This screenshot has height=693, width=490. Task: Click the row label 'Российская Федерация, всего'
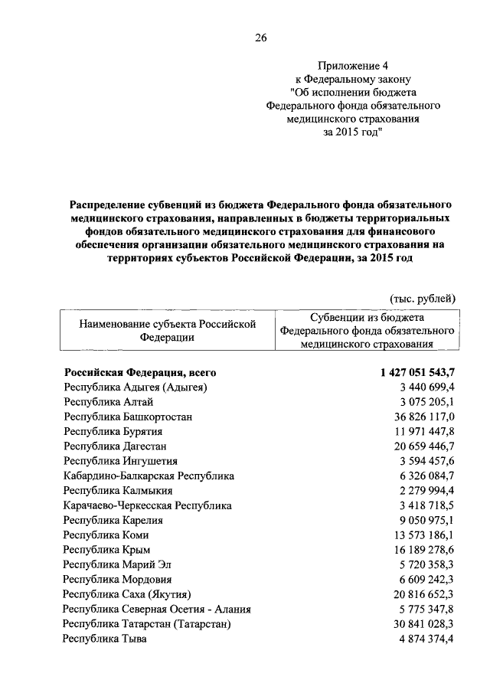[x=140, y=373]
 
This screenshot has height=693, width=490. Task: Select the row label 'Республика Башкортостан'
[x=128, y=417]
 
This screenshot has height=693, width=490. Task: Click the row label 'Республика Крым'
[x=106, y=550]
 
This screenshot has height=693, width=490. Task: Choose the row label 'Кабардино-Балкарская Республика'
[x=149, y=476]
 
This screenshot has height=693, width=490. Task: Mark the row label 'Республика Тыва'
[x=105, y=639]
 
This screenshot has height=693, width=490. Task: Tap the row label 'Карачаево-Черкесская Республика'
[x=148, y=505]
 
